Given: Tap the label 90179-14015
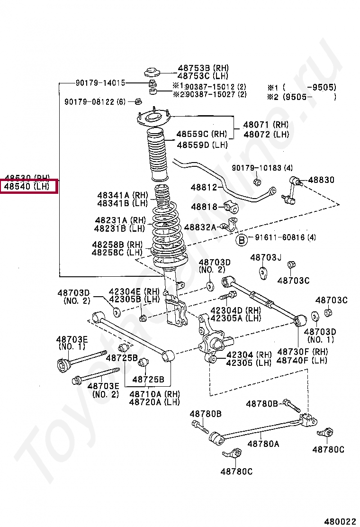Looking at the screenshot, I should point(100,83).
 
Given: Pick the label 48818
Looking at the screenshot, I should point(204,207).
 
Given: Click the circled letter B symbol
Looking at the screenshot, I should point(242,240).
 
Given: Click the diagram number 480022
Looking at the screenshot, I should point(340,521).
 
